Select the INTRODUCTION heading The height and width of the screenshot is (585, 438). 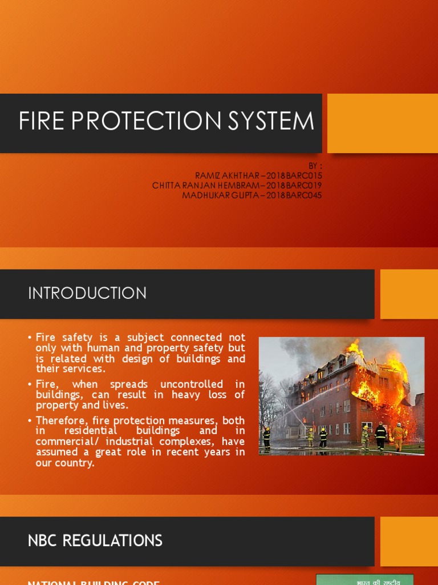click(87, 294)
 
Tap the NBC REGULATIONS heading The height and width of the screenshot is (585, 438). click(95, 540)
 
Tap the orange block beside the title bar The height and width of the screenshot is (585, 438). click(382, 123)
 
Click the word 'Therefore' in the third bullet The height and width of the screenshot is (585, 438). click(59, 420)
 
